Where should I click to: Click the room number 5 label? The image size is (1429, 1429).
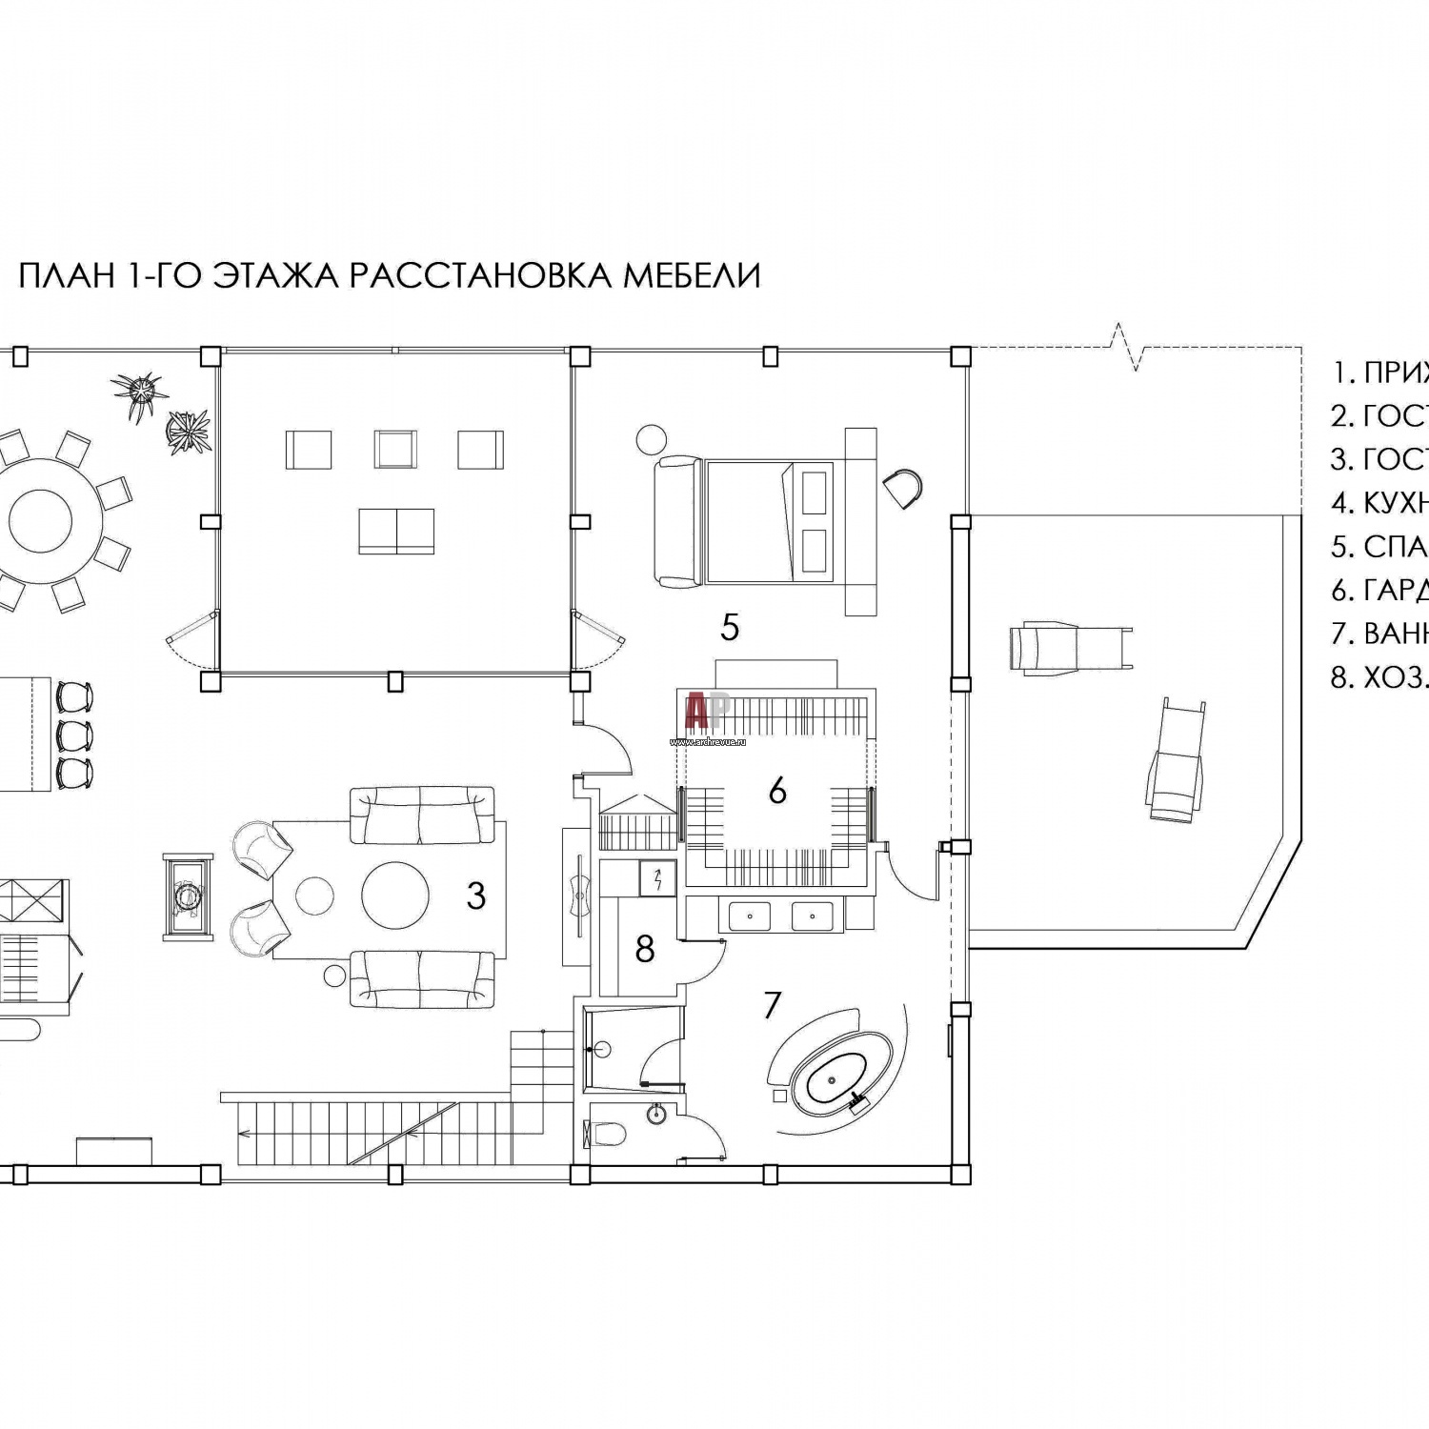click(x=730, y=628)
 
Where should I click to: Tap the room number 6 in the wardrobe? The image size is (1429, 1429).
click(x=777, y=791)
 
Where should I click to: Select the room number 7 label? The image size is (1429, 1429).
click(x=772, y=1005)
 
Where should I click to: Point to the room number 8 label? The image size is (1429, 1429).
click(x=645, y=949)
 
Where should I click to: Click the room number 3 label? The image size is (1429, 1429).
click(x=475, y=896)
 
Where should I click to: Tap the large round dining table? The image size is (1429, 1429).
click(x=55, y=520)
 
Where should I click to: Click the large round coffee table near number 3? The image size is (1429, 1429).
click(x=395, y=896)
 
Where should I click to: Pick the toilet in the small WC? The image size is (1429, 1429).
click(x=606, y=1134)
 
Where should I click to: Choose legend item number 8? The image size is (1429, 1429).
click(x=1379, y=677)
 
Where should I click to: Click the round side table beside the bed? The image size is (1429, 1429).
click(x=652, y=439)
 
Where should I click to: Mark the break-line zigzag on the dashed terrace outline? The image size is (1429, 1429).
click(x=1131, y=349)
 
